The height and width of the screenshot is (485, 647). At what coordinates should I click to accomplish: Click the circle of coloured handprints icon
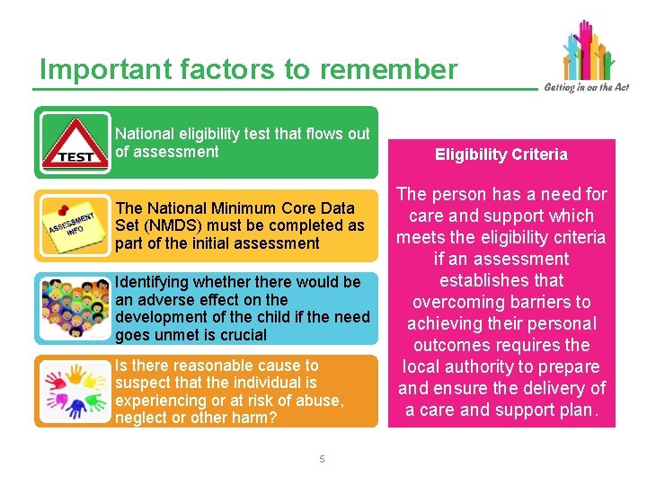tap(75, 391)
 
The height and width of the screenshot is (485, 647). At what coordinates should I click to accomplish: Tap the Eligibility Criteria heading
tap(501, 154)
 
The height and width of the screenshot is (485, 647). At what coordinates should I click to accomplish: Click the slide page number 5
tap(322, 460)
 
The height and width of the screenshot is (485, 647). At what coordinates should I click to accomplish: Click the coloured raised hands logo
tap(588, 49)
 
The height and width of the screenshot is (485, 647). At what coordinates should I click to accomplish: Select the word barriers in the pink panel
tap(535, 302)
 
